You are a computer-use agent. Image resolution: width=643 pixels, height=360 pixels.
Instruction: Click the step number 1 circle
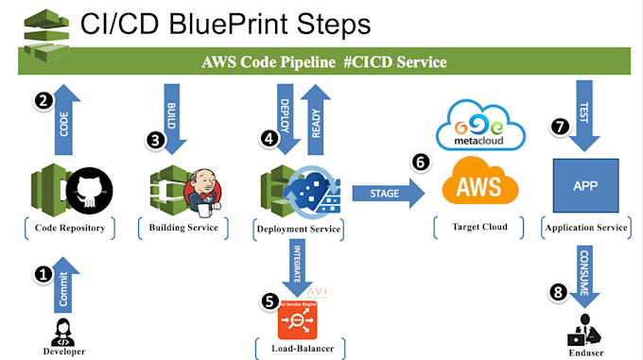point(43,275)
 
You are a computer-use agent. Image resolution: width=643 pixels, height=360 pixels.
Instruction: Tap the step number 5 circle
point(270,302)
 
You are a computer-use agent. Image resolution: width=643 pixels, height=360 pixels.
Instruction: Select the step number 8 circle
point(559,292)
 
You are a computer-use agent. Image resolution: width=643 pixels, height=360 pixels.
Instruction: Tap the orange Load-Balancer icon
point(299,320)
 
